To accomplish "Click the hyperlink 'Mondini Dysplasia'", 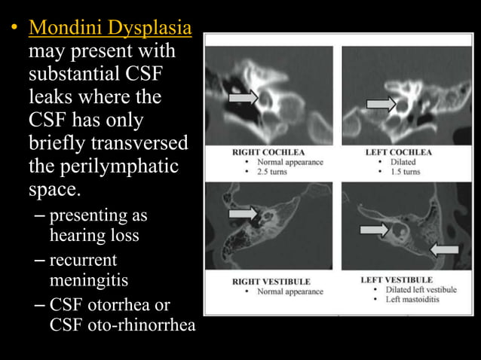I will [109, 31].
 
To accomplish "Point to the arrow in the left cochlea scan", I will [381, 105].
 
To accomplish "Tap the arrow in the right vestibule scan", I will [243, 214].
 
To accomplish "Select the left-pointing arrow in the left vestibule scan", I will [444, 249].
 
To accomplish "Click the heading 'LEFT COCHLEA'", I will [399, 152].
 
